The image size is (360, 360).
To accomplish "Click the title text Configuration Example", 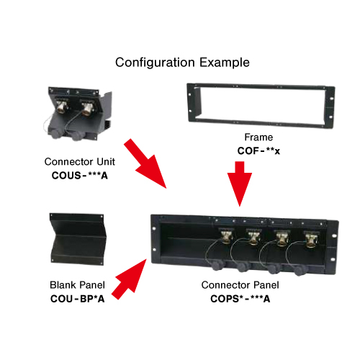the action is pyautogui.click(x=182, y=63).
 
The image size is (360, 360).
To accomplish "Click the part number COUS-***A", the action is pyautogui.click(x=80, y=176).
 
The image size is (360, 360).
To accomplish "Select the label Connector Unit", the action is pyautogui.click(x=80, y=162).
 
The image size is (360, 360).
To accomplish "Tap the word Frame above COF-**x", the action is pyautogui.click(x=258, y=138).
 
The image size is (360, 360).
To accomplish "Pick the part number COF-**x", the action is pyautogui.click(x=258, y=150).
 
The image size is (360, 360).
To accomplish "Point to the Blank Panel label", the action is pyautogui.click(x=77, y=285).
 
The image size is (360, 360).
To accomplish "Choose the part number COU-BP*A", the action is pyautogui.click(x=77, y=299).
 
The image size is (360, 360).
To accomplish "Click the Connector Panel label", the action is pyautogui.click(x=240, y=285).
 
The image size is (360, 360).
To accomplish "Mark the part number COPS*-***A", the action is pyautogui.click(x=240, y=299).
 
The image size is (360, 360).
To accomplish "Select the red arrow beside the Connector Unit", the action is pyautogui.click(x=145, y=163).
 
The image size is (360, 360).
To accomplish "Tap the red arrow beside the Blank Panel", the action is pyautogui.click(x=130, y=279).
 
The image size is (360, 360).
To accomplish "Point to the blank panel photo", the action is pyautogui.click(x=78, y=239).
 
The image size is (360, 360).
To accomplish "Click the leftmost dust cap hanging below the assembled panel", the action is pyautogui.click(x=217, y=265).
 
